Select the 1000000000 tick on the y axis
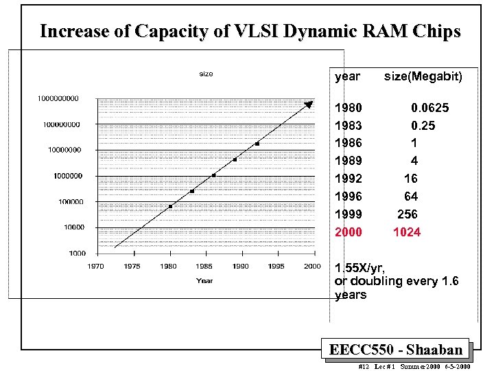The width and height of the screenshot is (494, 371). pos(58,98)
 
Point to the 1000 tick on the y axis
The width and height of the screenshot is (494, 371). pos(77,253)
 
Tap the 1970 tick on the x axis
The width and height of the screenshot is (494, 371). pos(96,266)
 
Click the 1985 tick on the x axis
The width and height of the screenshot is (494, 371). pos(204,266)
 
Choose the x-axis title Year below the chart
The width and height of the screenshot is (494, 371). pos(204,280)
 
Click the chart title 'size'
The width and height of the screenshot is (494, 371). pos(205,74)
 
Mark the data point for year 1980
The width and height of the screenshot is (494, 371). pos(170,206)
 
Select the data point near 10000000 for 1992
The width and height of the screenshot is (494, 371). pos(257,144)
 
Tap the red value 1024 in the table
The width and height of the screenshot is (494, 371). pos(406,232)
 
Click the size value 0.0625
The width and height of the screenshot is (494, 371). pos(430,108)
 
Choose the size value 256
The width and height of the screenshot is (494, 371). pos(408,214)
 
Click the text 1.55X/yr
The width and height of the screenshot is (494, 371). pos(360,267)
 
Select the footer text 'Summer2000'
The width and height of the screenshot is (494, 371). pos(417,367)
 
